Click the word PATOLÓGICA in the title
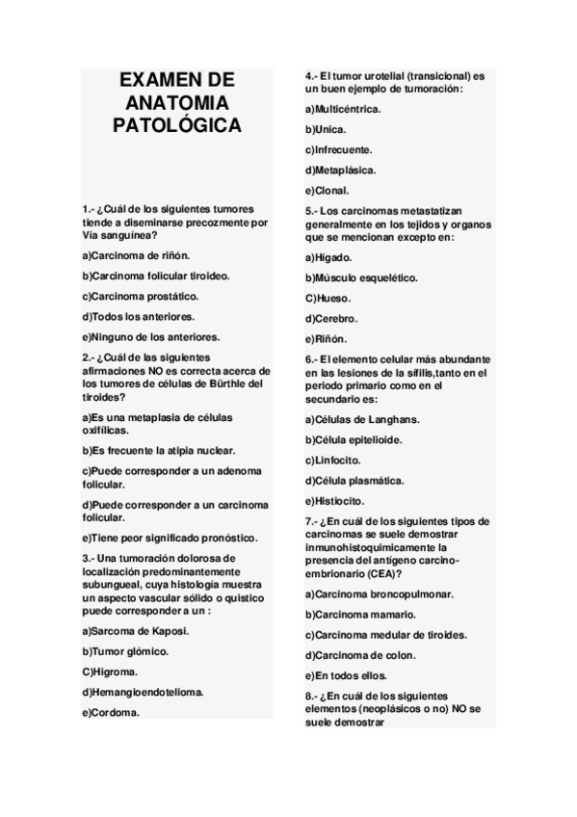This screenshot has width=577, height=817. point(177,125)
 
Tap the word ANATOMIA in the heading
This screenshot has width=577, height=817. point(177,102)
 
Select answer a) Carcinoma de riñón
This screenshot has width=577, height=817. point(137,255)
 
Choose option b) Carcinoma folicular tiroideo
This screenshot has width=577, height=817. point(157,276)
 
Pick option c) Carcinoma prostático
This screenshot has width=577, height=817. point(141,296)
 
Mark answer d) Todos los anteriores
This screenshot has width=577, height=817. point(139,316)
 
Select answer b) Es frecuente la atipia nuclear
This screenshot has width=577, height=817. point(159,450)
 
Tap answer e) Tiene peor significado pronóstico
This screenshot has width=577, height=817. point(170,537)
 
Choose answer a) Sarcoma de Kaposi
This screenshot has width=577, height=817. point(136,631)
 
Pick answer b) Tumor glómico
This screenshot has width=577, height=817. point(126,651)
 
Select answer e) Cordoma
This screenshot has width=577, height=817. point(112,712)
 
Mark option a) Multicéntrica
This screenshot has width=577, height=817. point(343,109)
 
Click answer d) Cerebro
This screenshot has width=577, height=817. point(331,318)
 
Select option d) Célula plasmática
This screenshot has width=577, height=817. point(354,480)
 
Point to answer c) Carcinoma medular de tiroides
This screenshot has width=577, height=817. point(386,635)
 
